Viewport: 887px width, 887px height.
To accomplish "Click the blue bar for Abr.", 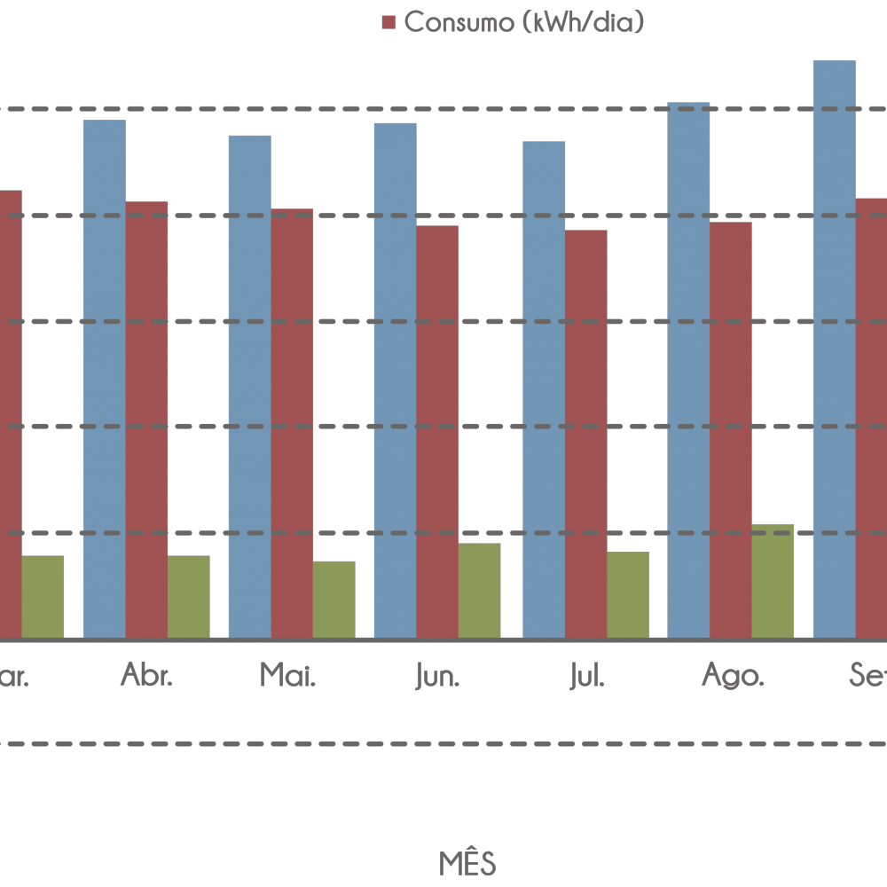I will (104, 379).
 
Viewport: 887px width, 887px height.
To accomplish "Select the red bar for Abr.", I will (146, 419).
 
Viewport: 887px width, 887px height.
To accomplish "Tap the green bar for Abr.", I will (188, 596).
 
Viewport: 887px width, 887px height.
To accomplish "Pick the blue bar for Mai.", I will (249, 386).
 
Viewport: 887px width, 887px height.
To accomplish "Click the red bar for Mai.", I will (292, 423).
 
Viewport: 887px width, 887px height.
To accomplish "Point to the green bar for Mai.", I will (334, 599).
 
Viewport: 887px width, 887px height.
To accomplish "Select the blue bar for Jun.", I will (395, 380).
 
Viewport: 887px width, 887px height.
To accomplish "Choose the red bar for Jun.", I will (437, 431).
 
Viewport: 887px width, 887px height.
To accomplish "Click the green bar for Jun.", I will (479, 590).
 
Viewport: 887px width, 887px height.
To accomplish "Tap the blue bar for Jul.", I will (544, 389).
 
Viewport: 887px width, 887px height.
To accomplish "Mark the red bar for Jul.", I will (586, 434).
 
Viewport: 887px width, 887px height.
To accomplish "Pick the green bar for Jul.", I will (628, 594).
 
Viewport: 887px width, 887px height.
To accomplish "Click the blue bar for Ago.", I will (688, 370).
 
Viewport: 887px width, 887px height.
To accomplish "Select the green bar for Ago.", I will (773, 581).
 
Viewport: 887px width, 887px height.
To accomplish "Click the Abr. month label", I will (146, 677).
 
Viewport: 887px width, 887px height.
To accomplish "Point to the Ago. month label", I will (733, 677).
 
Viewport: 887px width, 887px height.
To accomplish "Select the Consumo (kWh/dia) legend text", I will (522, 22).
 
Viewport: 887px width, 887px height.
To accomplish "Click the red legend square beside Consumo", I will (388, 22).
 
